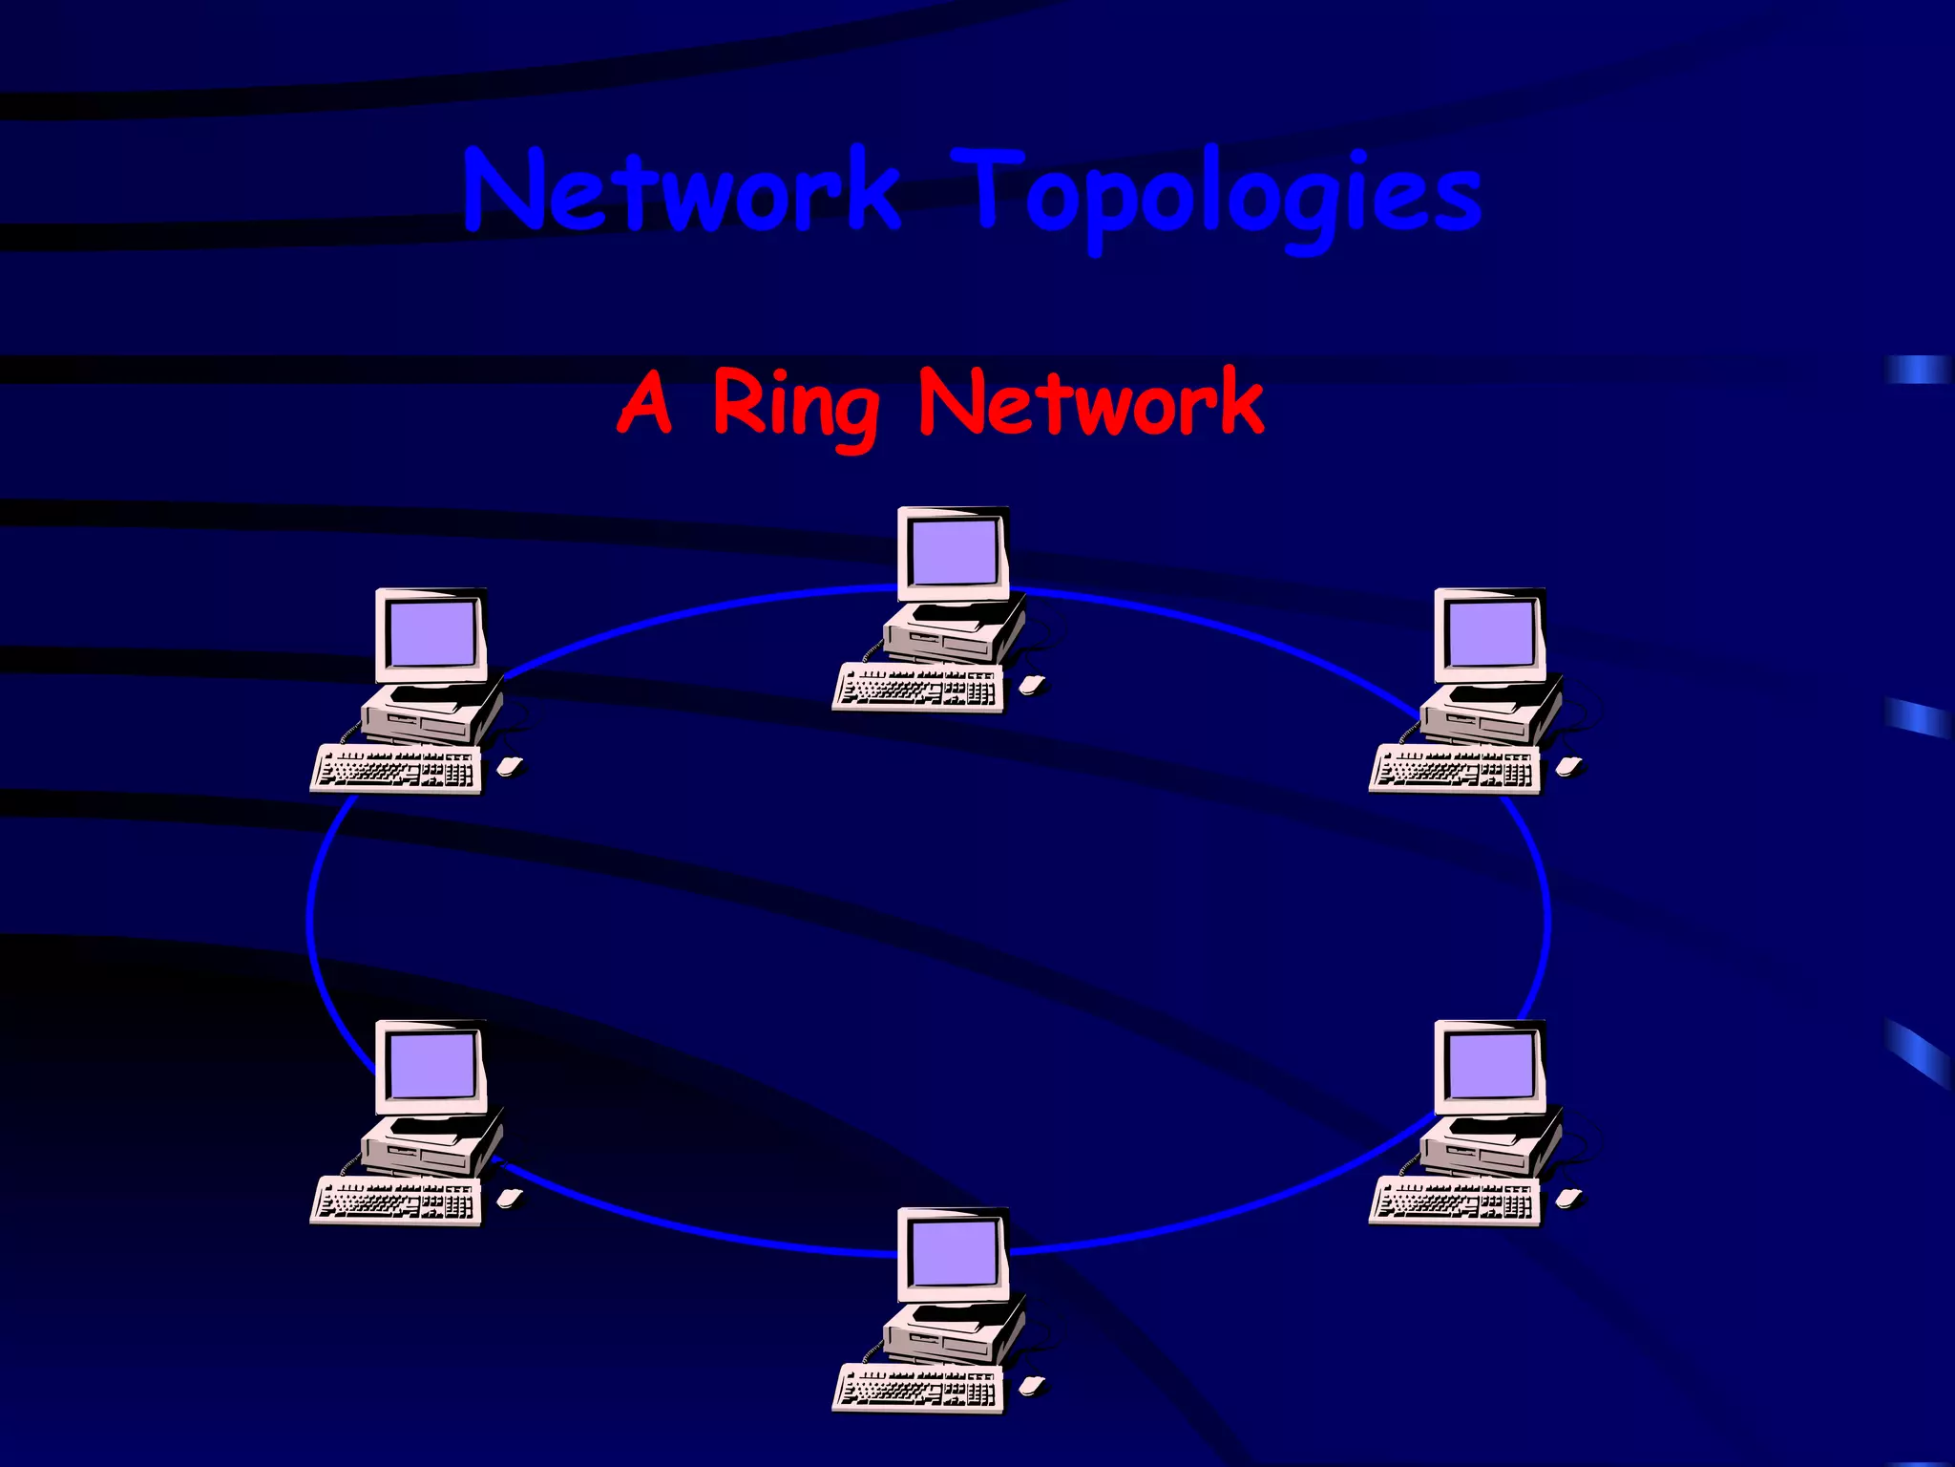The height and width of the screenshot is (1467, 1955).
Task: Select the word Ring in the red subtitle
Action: click(795, 405)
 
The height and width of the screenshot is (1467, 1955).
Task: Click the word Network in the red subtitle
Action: click(1090, 403)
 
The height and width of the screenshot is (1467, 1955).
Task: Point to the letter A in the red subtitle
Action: click(646, 403)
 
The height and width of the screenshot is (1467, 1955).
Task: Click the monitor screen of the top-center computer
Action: click(953, 553)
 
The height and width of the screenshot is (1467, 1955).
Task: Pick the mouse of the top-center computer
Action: click(1032, 684)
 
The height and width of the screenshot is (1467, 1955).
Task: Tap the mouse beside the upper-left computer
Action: click(510, 765)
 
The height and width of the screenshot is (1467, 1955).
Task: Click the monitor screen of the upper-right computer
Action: click(1490, 634)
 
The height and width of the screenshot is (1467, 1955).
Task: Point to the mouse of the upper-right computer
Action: click(1568, 765)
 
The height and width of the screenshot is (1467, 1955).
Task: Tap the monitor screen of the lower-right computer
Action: click(1490, 1066)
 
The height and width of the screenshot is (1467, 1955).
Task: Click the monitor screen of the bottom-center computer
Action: click(953, 1253)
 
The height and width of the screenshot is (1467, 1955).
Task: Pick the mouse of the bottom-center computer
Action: click(1032, 1385)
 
